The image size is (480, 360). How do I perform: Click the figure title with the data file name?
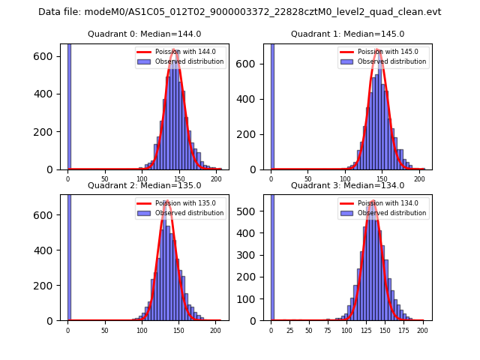[240, 12]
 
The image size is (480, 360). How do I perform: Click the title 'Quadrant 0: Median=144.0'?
[144, 34]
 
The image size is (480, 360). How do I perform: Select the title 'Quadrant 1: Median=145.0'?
[347, 34]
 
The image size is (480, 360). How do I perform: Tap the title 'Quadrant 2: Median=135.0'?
[144, 185]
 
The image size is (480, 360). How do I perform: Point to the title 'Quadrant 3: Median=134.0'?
[347, 185]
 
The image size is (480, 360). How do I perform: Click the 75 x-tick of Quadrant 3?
[328, 330]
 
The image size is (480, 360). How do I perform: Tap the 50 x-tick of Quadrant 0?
[104, 179]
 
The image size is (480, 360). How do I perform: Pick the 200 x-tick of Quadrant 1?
[418, 179]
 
